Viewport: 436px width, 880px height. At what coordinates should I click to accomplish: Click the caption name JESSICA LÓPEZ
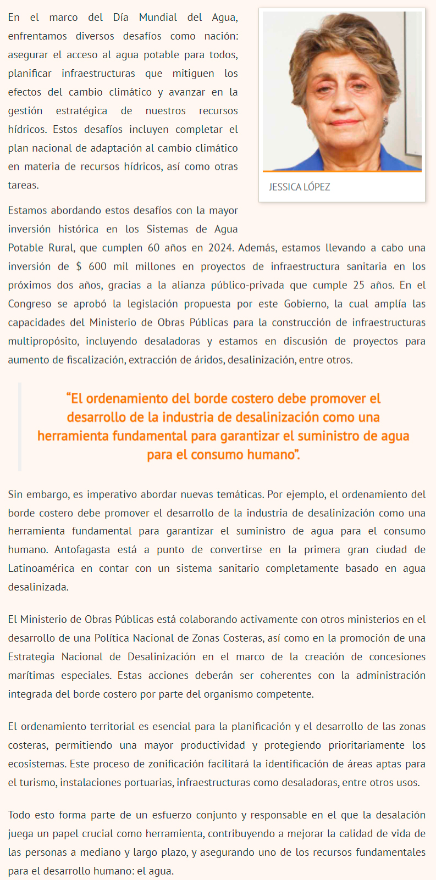point(299,187)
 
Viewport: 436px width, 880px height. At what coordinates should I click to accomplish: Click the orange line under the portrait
point(341,171)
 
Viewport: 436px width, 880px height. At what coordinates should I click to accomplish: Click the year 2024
point(220,248)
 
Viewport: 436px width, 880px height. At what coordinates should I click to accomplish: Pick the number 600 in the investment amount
point(97,266)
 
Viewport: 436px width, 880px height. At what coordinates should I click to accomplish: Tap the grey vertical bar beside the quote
point(20,427)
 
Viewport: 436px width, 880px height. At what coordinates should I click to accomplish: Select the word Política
point(132,638)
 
